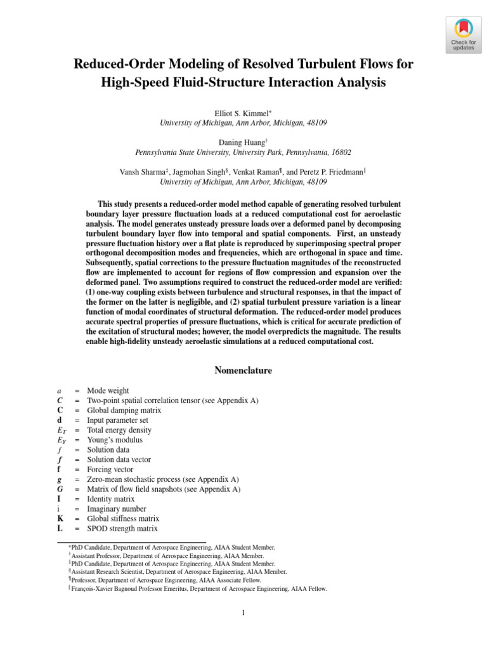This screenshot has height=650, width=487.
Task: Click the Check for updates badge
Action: point(462,34)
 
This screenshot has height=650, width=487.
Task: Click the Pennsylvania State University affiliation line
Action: point(243,152)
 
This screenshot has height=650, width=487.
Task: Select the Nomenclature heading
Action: point(243,370)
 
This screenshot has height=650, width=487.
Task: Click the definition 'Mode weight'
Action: point(108,391)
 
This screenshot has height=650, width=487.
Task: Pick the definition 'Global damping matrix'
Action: point(124,411)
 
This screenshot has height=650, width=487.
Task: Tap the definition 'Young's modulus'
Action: point(115,440)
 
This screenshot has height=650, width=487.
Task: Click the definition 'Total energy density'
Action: point(119,430)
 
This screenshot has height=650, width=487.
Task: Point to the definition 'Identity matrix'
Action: point(112,499)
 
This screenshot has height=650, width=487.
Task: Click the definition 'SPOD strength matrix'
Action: point(122,529)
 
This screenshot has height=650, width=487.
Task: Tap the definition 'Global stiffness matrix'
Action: point(123,519)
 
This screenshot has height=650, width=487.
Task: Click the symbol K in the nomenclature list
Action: point(60,519)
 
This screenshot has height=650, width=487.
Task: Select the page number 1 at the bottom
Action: point(243,613)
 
